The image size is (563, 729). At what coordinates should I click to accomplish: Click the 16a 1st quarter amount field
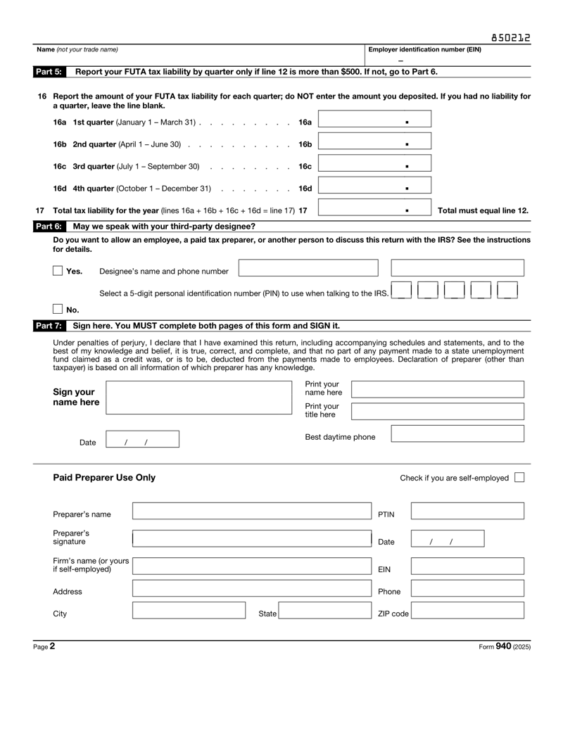pos(374,122)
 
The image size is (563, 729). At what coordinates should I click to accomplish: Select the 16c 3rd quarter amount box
pos(374,166)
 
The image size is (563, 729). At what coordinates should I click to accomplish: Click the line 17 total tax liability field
pos(374,210)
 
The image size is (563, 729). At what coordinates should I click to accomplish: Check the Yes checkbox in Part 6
pos(58,271)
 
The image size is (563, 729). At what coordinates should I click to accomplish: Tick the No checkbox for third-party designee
pos(58,308)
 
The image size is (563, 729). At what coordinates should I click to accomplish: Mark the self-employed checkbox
pos(519,478)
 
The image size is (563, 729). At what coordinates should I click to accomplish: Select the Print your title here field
pos(437,412)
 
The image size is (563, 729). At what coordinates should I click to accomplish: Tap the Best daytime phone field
pos(457,433)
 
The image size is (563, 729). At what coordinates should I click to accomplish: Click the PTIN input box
pos(467,512)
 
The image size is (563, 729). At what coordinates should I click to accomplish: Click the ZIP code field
pos(467,611)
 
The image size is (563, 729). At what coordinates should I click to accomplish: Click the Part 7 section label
pos(49,326)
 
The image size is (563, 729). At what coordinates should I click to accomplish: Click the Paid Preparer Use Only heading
pos(104,478)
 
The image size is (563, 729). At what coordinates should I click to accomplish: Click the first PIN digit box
pos(402,290)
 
